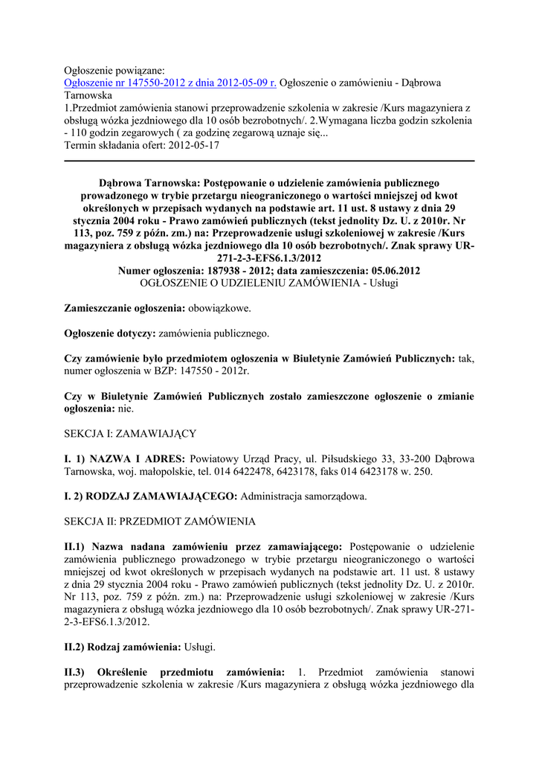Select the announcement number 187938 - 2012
click(254, 271)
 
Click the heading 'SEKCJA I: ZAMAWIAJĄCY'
click(130, 432)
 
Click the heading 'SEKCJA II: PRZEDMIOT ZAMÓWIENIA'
click(160, 520)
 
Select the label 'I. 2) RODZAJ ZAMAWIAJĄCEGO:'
click(151, 496)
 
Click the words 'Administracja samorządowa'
click(303, 496)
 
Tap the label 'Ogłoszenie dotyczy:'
click(110, 333)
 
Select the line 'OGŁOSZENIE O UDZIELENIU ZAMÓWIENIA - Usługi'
click(269, 283)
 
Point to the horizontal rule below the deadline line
click(269, 161)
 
